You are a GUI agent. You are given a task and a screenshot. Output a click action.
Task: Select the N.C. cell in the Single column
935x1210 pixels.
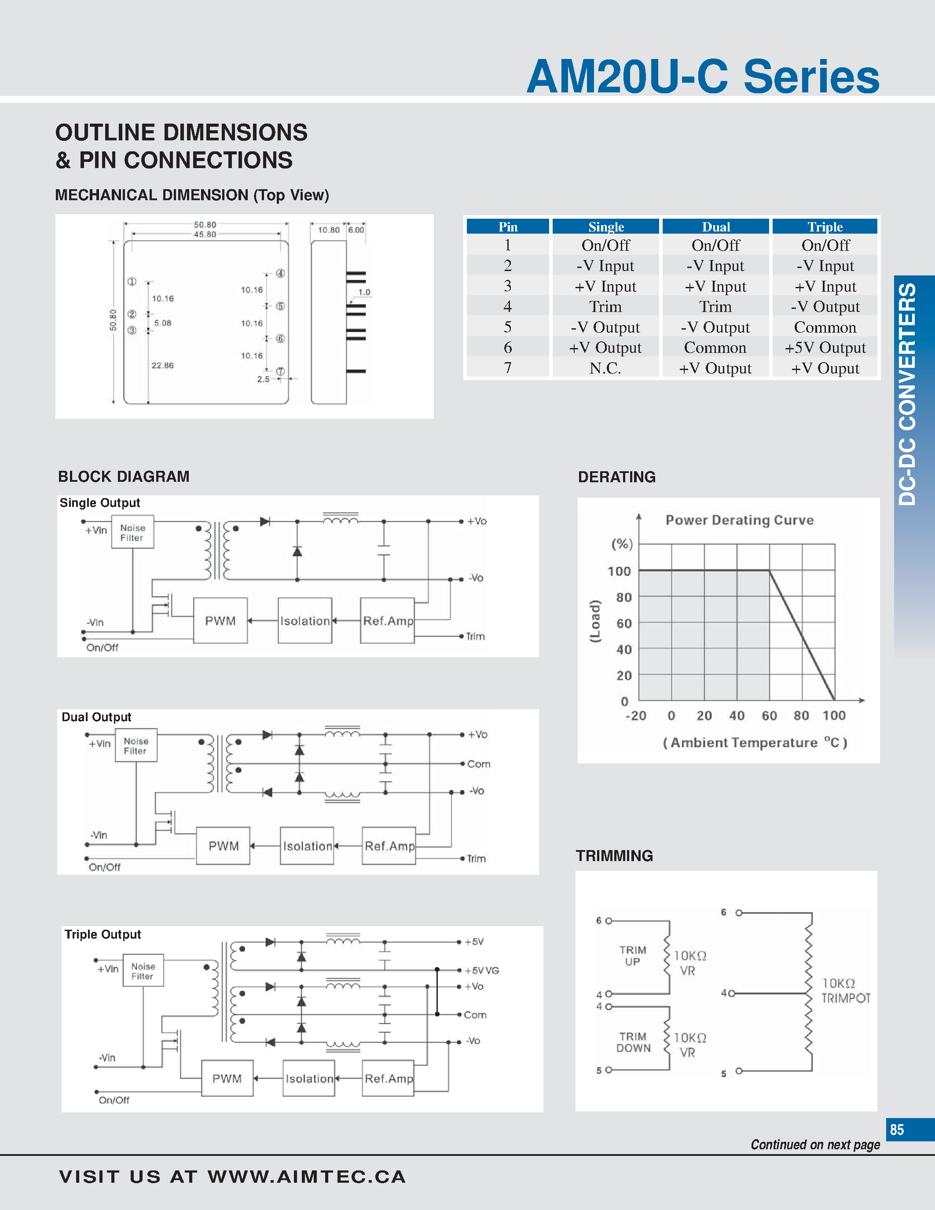point(605,368)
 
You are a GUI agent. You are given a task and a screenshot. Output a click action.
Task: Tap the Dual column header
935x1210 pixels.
point(715,227)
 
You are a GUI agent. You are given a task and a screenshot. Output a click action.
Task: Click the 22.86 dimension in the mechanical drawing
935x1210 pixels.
point(162,366)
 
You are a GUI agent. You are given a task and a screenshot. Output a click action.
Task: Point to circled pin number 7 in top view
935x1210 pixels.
point(280,371)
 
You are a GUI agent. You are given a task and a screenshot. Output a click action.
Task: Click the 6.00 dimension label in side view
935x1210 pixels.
point(356,230)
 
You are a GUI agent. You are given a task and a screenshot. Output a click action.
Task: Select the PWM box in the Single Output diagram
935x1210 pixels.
point(220,620)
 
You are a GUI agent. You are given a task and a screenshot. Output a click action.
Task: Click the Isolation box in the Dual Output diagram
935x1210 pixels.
point(308,846)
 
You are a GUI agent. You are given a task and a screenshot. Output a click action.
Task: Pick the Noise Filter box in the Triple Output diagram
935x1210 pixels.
point(143,971)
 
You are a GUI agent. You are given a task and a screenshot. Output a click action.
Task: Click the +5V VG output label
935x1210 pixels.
point(481,971)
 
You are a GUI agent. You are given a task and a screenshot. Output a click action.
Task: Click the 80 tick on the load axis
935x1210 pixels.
point(624,597)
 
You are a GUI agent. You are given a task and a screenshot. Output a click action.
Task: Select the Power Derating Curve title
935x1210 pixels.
point(740,520)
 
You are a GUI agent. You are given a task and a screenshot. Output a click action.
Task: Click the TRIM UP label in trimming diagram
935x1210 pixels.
point(633,956)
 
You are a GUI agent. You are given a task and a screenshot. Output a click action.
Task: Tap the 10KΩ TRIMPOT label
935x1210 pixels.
point(845,990)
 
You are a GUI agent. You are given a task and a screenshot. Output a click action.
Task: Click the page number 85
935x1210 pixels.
point(897,1129)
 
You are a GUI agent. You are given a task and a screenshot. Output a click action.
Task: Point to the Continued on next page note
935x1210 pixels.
point(815,1144)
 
